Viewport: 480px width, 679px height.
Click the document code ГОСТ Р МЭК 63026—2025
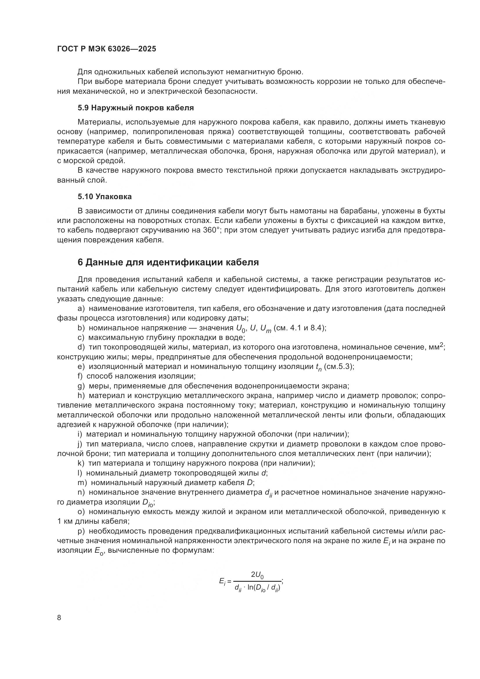(107, 49)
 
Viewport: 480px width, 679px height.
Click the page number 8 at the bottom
(59, 617)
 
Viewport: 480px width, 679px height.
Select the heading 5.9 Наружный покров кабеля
(136, 108)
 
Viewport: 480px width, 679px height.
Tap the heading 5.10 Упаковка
(105, 197)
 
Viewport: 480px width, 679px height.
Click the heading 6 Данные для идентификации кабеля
(168, 262)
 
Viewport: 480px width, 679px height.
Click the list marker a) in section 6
(81, 309)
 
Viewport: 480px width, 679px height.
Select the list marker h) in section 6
(81, 396)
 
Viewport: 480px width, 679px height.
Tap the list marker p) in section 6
(81, 532)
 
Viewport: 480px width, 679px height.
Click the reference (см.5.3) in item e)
(339, 367)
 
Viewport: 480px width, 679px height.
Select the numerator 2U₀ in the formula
(257, 574)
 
